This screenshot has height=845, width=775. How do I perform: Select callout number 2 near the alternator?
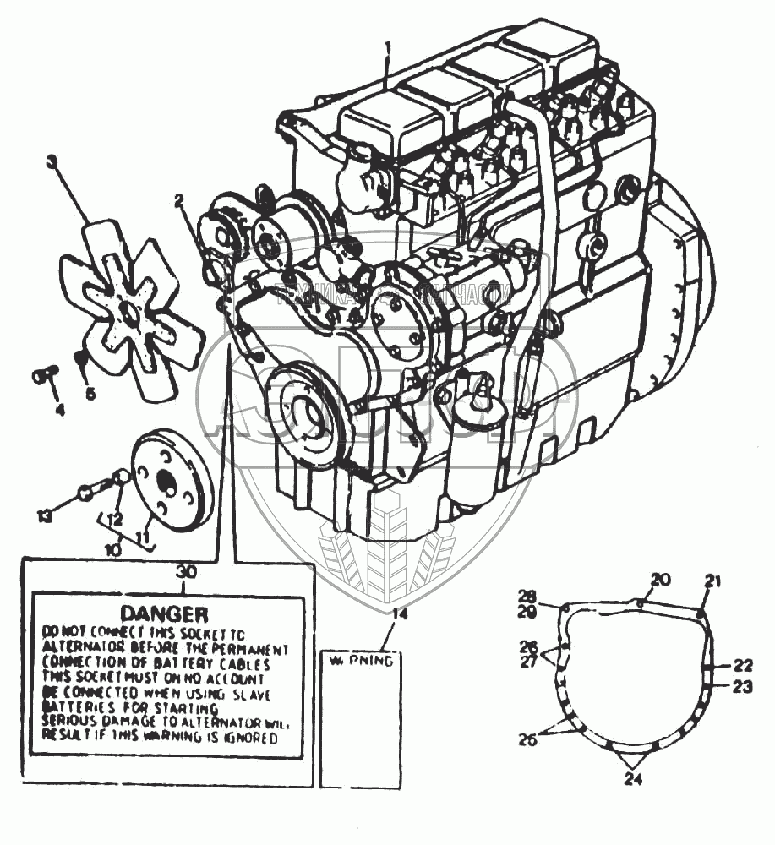point(180,200)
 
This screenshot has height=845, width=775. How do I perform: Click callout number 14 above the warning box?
point(399,614)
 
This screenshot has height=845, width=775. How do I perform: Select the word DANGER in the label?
point(164,612)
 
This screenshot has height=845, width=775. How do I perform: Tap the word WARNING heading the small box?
point(359,661)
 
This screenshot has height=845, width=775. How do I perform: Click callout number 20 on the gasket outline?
point(660,579)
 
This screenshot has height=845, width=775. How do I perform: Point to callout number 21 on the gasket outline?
point(713,581)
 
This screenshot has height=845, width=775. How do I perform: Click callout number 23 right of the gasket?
point(741,686)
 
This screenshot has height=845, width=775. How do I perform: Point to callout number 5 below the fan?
point(90,393)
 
